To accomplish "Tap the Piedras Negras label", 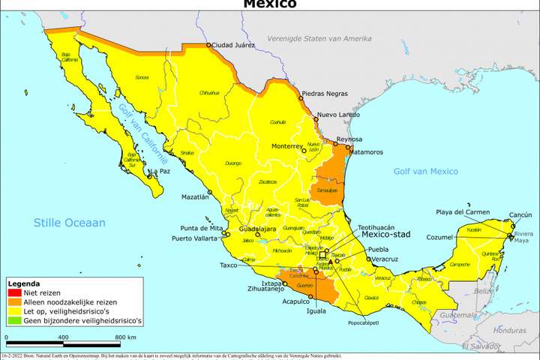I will (x=325, y=94).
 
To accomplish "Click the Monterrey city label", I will (x=286, y=145).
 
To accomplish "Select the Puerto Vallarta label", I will (x=198, y=239).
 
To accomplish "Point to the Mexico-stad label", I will (x=386, y=234).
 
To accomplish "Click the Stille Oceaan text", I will (x=69, y=223).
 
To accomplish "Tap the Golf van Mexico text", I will (x=425, y=171).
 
